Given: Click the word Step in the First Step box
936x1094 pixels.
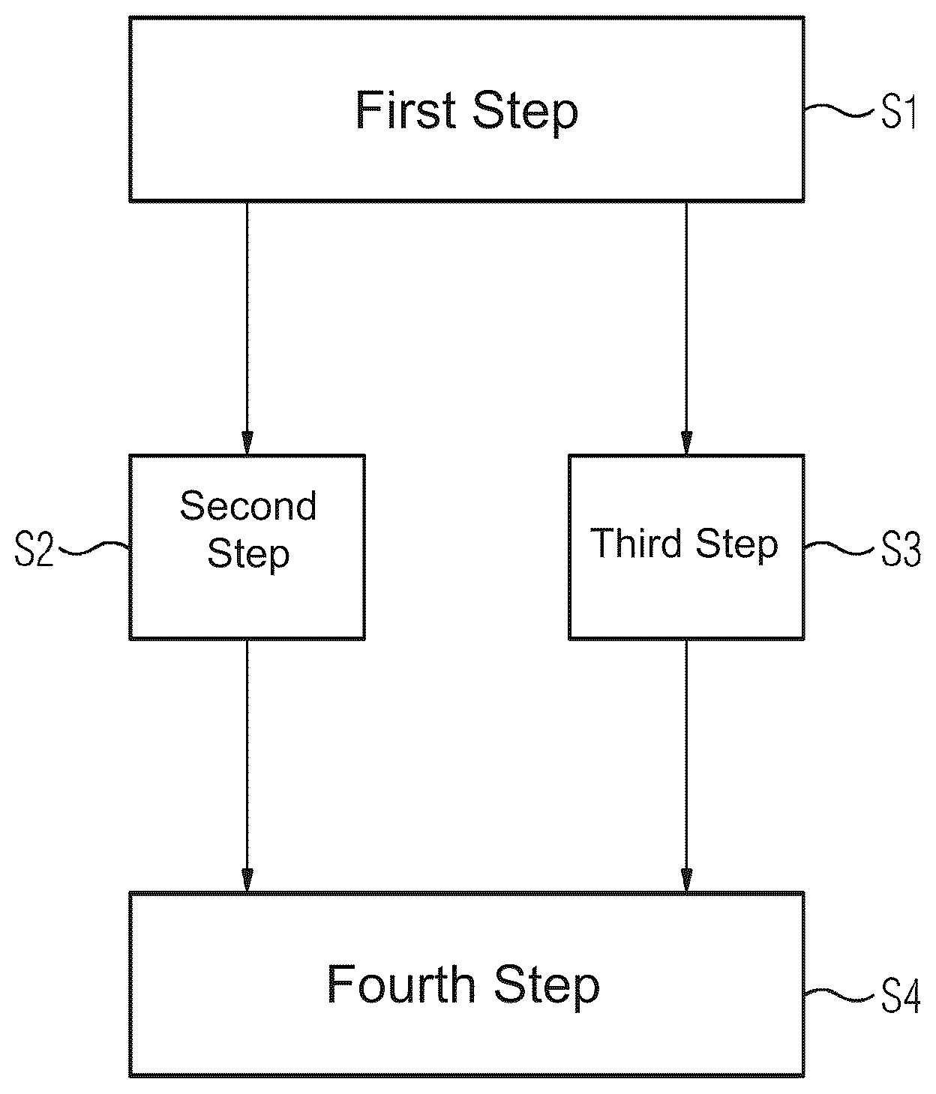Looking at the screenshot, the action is pyautogui.click(x=525, y=113).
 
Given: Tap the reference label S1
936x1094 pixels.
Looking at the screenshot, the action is pyautogui.click(x=898, y=111).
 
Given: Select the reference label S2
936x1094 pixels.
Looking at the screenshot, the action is pyautogui.click(x=34, y=550).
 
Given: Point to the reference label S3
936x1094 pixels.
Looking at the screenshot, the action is pyautogui.click(x=901, y=550).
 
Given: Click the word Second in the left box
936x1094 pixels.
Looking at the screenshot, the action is pyautogui.click(x=247, y=505).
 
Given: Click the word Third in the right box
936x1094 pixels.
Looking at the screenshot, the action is pyautogui.click(x=635, y=543).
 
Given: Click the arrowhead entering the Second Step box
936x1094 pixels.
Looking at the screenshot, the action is pyautogui.click(x=247, y=443).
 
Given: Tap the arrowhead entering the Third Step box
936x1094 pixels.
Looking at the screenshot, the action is pyautogui.click(x=686, y=443).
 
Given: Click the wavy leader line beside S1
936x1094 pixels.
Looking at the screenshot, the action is pyautogui.click(x=839, y=109).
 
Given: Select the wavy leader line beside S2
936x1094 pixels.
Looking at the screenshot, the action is pyautogui.click(x=94, y=548).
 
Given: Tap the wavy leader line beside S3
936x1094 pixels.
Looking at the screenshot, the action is pyautogui.click(x=839, y=548).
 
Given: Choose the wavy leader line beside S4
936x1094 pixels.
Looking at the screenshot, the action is pyautogui.click(x=839, y=994).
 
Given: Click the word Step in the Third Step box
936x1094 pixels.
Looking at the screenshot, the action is pyautogui.click(x=737, y=546).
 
